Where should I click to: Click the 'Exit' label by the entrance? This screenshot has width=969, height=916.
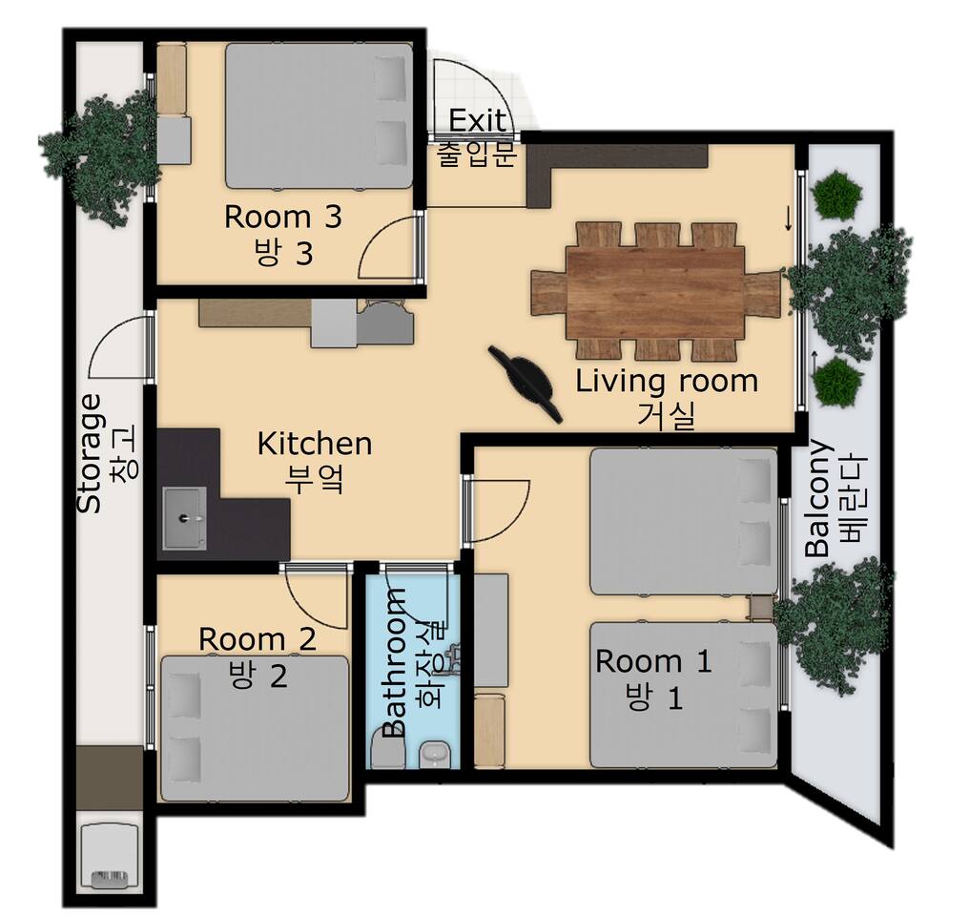pyautogui.click(x=477, y=120)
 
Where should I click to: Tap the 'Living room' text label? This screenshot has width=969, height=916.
pyautogui.click(x=666, y=382)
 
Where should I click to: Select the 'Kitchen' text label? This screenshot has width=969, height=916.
pyautogui.click(x=314, y=444)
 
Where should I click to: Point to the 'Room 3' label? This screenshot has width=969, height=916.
pyautogui.click(x=282, y=217)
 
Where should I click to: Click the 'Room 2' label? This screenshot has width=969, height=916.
pyautogui.click(x=258, y=639)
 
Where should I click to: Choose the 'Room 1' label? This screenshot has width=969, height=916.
pyautogui.click(x=653, y=662)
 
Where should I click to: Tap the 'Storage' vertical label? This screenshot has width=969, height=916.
pyautogui.click(x=90, y=453)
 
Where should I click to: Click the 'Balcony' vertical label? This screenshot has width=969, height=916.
pyautogui.click(x=819, y=498)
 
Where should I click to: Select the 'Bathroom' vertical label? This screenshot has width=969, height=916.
pyautogui.click(x=395, y=662)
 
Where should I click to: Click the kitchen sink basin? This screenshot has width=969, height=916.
pyautogui.click(x=184, y=518)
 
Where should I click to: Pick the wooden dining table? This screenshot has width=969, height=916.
pyautogui.click(x=655, y=292)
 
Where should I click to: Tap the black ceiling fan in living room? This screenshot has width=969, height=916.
pyautogui.click(x=526, y=384)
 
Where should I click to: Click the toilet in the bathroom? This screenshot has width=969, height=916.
pyautogui.click(x=388, y=747)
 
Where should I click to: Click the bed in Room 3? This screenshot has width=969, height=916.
pyautogui.click(x=319, y=115)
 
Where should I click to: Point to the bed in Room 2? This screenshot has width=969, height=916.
pyautogui.click(x=256, y=729)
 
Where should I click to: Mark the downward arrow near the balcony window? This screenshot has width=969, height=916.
pyautogui.click(x=789, y=219)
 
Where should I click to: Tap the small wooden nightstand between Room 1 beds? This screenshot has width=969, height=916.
pyautogui.click(x=761, y=608)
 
